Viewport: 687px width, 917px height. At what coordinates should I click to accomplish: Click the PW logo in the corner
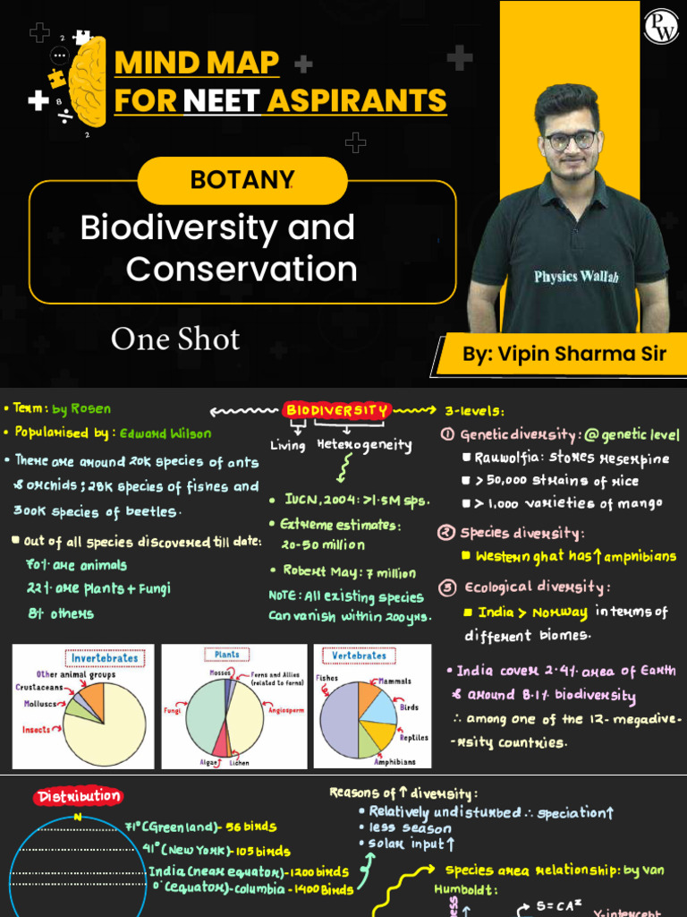(660, 26)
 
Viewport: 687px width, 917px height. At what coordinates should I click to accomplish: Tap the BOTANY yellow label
(242, 180)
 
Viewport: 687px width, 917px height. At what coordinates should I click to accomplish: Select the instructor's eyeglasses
(570, 141)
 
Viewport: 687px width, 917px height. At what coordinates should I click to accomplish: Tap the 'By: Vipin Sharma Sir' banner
(564, 354)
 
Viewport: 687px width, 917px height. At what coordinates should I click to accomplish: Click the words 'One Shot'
(175, 339)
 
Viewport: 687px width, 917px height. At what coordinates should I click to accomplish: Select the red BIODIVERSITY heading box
(337, 411)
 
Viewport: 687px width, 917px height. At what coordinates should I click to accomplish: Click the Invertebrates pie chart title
(105, 658)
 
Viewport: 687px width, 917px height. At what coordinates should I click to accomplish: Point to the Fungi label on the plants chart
(172, 710)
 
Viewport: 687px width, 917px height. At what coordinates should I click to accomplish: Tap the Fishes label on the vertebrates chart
(327, 678)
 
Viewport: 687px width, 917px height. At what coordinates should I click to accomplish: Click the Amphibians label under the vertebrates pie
(394, 762)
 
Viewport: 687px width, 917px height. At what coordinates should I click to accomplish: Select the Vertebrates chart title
(359, 656)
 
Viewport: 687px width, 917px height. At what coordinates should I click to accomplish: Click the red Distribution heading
(79, 796)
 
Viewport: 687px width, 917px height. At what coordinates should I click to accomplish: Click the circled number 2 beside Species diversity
(446, 533)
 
